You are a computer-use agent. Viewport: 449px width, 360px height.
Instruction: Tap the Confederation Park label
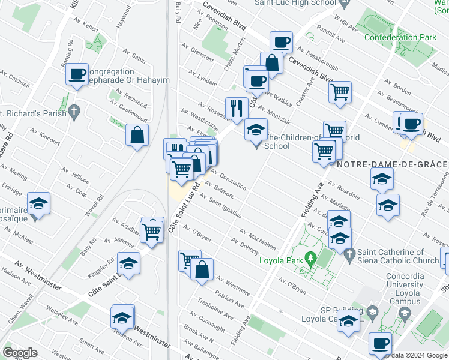(400, 37)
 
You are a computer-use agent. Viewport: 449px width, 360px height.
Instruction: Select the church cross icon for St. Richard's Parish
(74, 112)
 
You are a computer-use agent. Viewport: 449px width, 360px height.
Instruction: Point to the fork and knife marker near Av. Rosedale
(237, 108)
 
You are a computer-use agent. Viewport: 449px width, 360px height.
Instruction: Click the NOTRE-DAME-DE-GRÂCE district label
(392, 164)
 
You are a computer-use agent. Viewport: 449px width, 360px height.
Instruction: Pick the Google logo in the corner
(20, 352)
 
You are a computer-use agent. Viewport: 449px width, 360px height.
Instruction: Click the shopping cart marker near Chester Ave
(340, 92)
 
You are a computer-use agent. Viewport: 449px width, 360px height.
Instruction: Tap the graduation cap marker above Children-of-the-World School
(256, 129)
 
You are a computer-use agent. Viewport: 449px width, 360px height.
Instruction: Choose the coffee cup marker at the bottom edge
(380, 343)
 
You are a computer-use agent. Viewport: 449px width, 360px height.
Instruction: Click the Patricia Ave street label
(230, 301)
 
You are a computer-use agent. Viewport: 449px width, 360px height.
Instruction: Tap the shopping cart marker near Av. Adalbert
(153, 230)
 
